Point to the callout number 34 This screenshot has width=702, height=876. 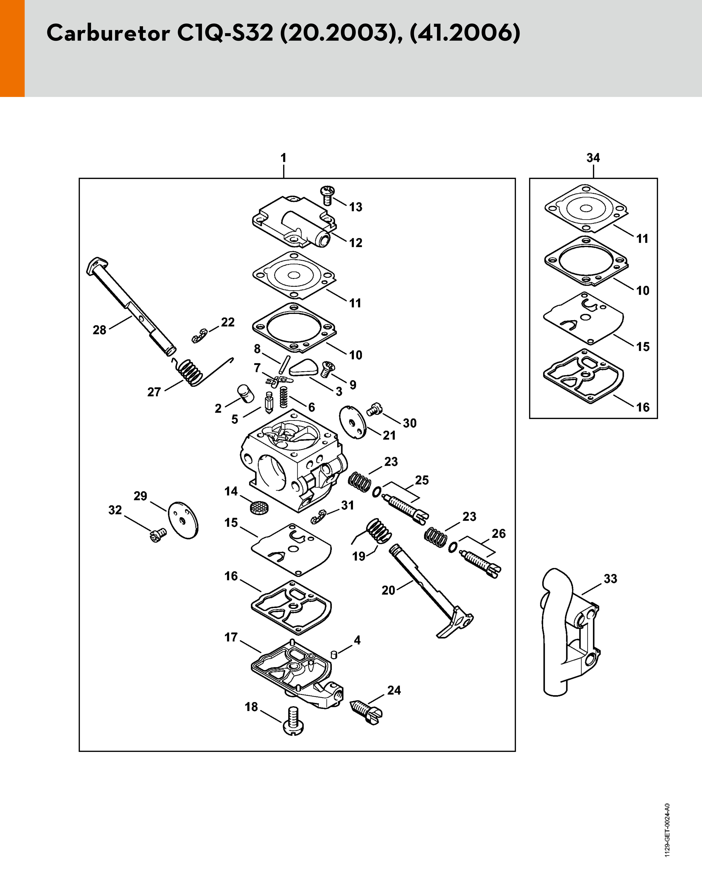593,158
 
